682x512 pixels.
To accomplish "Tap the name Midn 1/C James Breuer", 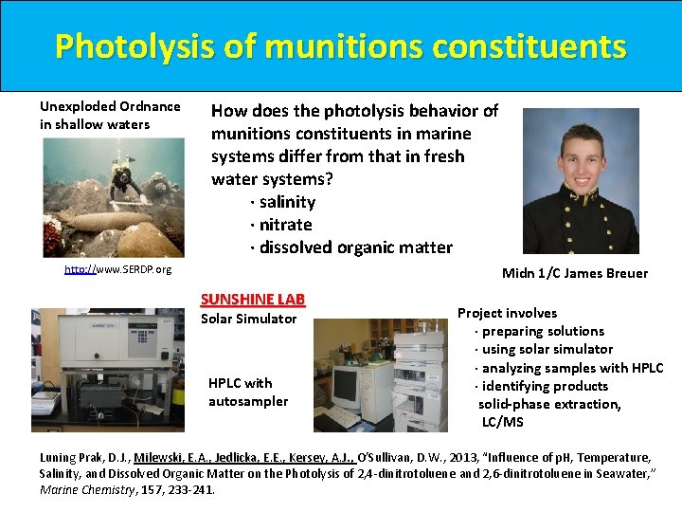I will (574, 273).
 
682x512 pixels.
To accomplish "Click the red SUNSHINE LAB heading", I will (252, 299).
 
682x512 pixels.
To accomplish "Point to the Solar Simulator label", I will (248, 319).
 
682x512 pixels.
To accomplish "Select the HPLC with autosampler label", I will (247, 392).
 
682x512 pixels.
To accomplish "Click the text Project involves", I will (507, 313).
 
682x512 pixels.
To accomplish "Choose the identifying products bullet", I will (545, 386).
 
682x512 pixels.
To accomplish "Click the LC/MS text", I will (502, 422).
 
